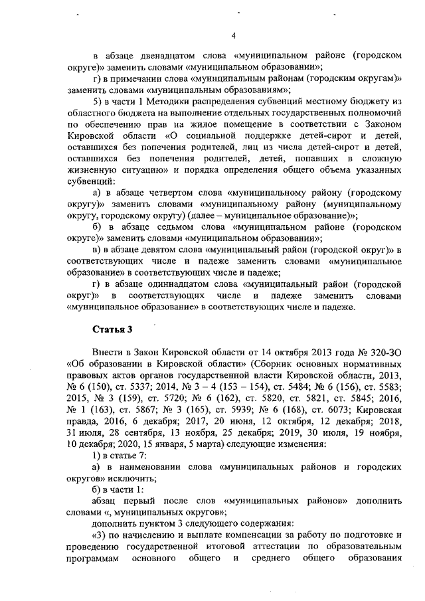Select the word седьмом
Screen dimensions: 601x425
click(x=157, y=226)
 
